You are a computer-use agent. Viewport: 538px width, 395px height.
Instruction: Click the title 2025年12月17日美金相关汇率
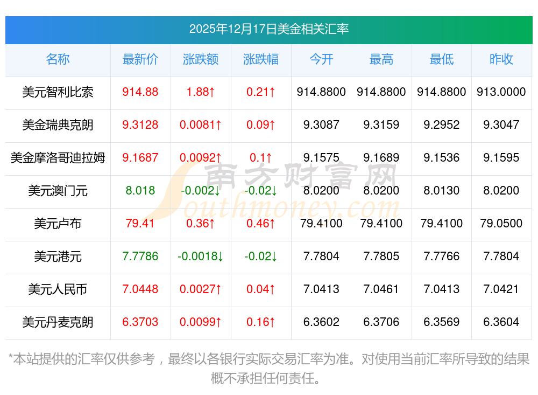268,29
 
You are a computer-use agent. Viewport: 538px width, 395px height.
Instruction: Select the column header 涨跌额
201,59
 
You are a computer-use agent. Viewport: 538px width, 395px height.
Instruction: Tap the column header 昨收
501,59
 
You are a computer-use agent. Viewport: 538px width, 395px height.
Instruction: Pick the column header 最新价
140,59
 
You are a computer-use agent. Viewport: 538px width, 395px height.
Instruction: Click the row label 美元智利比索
58,92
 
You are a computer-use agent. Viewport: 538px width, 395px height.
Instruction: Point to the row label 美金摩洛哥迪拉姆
58,158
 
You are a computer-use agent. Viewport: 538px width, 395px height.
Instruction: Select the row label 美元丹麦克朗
58,322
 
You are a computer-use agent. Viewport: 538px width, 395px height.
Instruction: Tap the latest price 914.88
140,92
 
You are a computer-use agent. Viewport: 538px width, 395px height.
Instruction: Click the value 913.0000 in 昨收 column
501,92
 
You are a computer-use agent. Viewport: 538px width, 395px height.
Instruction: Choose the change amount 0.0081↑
201,125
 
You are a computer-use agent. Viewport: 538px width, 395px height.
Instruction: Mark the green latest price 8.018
140,191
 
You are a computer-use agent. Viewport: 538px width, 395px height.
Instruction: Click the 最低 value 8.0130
442,191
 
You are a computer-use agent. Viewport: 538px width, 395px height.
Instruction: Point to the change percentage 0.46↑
261,224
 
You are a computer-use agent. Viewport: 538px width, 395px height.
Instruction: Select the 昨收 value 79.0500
501,224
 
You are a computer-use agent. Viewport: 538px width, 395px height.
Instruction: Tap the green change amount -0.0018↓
201,257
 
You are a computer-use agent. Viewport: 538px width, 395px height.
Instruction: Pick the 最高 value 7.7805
381,257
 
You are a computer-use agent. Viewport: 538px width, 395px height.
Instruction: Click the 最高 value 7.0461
381,289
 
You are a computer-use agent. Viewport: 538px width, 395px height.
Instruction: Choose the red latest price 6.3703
140,322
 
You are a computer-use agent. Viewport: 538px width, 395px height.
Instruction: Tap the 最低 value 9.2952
442,125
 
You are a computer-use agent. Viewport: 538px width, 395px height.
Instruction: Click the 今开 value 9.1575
321,158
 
